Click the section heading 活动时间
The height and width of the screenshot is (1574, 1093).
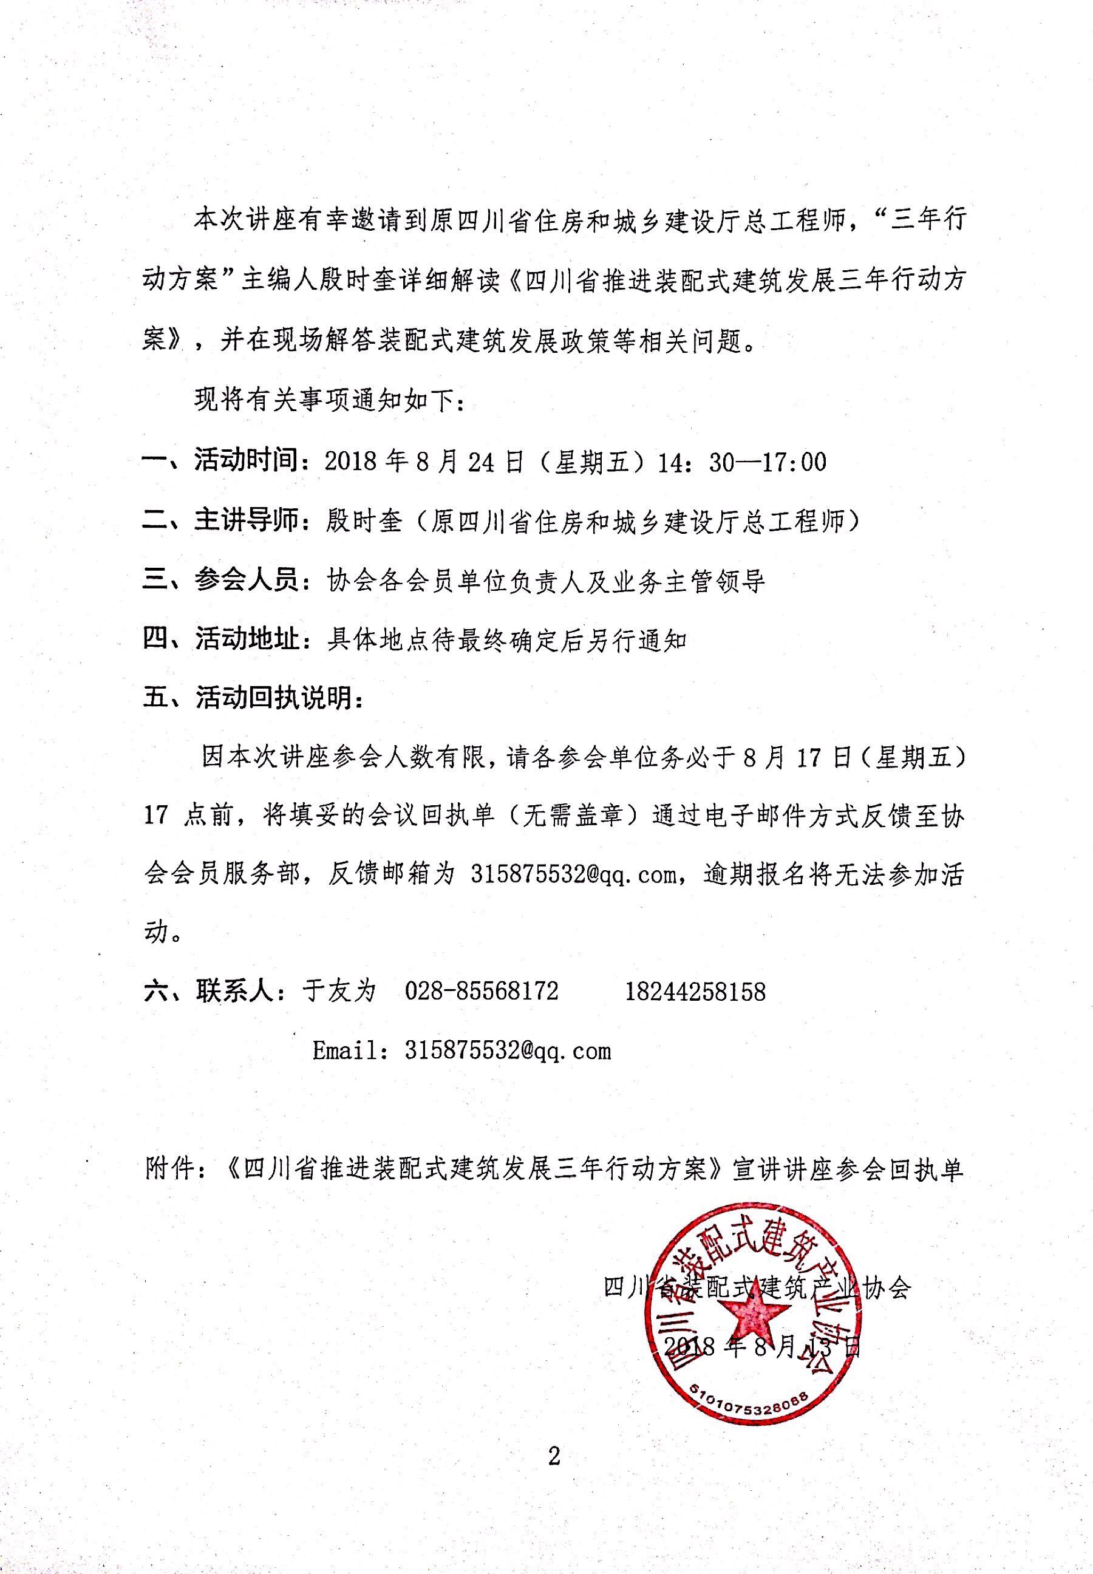(247, 461)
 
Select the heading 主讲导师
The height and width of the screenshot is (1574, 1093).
(247, 521)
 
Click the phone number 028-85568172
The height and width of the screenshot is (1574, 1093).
(482, 991)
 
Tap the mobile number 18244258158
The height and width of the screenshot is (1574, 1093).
(695, 991)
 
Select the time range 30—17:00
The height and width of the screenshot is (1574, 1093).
(767, 462)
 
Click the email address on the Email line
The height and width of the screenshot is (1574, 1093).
(507, 1051)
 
